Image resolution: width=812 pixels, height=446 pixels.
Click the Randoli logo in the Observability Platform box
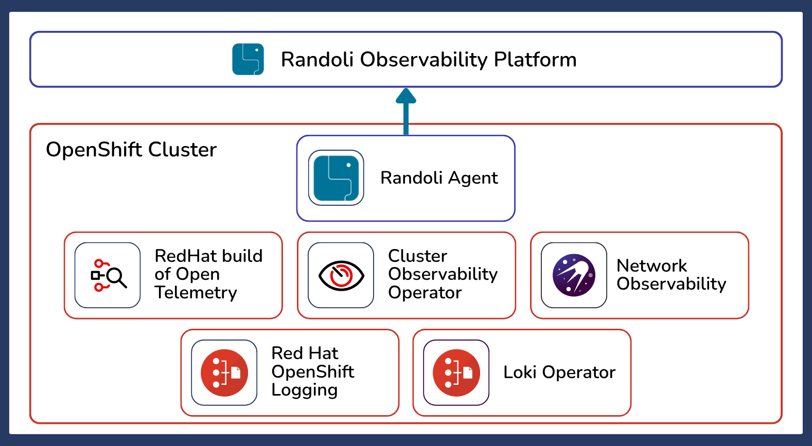pyautogui.click(x=248, y=59)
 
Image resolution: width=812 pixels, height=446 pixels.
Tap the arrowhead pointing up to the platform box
pyautogui.click(x=405, y=96)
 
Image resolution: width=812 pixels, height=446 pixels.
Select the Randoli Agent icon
pyautogui.click(x=336, y=178)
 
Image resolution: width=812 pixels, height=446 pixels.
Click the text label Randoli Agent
pyautogui.click(x=439, y=178)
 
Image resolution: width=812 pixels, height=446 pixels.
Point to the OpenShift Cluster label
pyautogui.click(x=131, y=149)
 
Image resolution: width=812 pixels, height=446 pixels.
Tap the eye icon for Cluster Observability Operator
pyautogui.click(x=341, y=275)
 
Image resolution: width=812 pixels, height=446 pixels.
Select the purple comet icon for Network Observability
pyautogui.click(x=574, y=275)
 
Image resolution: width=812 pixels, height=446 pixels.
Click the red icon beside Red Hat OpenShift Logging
pyautogui.click(x=224, y=372)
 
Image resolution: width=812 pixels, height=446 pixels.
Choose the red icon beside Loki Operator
pyautogui.click(x=456, y=372)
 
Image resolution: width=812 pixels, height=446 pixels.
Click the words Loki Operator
pyautogui.click(x=559, y=372)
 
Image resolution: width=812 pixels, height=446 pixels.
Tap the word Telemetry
pyautogui.click(x=196, y=293)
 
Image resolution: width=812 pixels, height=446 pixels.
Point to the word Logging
pyautogui.click(x=305, y=390)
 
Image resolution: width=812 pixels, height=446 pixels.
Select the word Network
pyautogui.click(x=652, y=266)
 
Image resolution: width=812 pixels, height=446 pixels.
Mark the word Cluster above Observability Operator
pyautogui.click(x=418, y=256)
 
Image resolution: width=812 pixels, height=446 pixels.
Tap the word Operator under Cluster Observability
pyautogui.click(x=425, y=293)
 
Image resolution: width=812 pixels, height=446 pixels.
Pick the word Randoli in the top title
pyautogui.click(x=317, y=60)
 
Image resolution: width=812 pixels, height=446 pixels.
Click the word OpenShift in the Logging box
pyautogui.click(x=313, y=372)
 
